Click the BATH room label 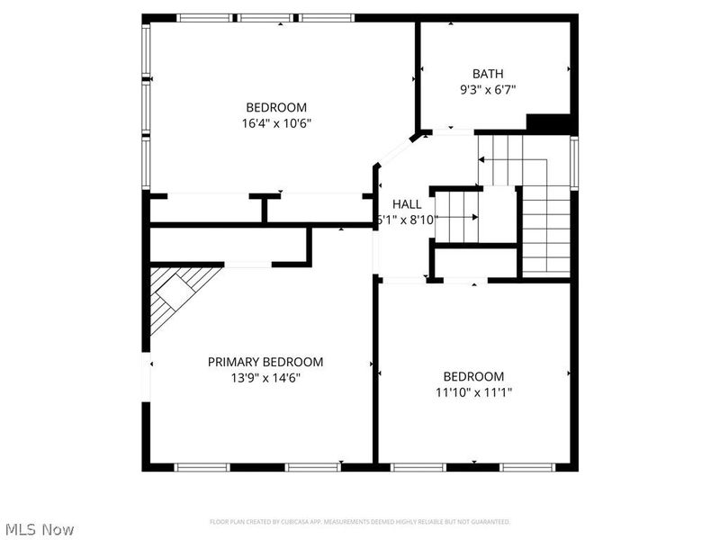point(488,74)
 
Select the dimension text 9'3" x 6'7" point(488,90)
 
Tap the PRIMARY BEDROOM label point(265,362)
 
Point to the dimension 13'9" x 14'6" point(265,378)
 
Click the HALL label point(407,204)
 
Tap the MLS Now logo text point(39,529)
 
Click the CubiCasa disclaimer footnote point(360,521)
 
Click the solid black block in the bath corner point(549,124)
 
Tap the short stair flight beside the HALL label point(457,217)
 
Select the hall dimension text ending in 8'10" point(407,220)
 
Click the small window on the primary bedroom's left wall point(146,373)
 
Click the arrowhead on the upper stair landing point(481,160)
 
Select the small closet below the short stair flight point(474,261)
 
